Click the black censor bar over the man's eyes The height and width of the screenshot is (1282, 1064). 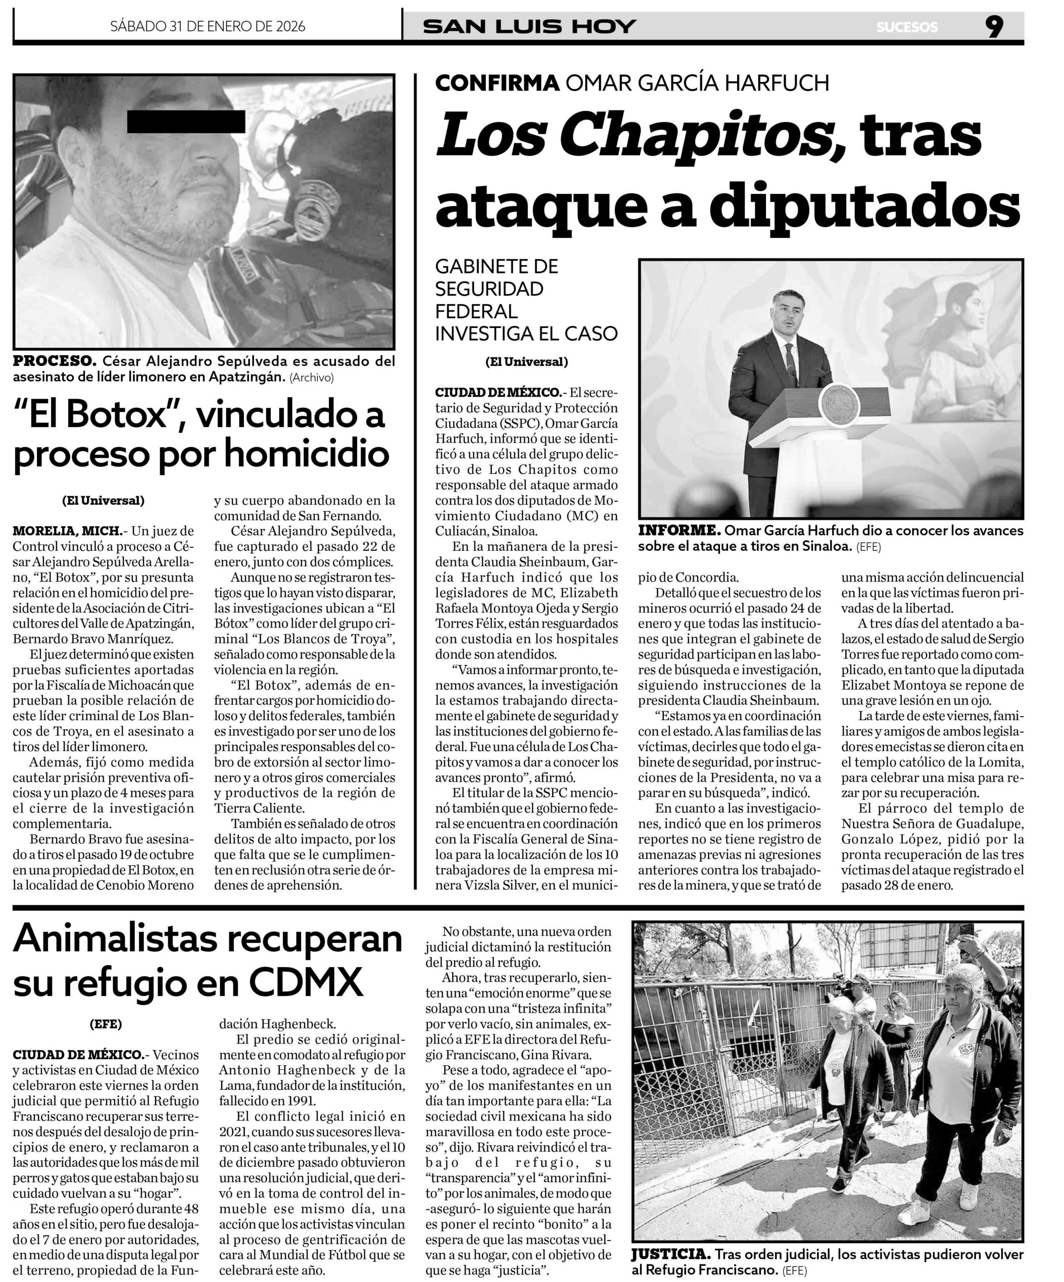[186, 122]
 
